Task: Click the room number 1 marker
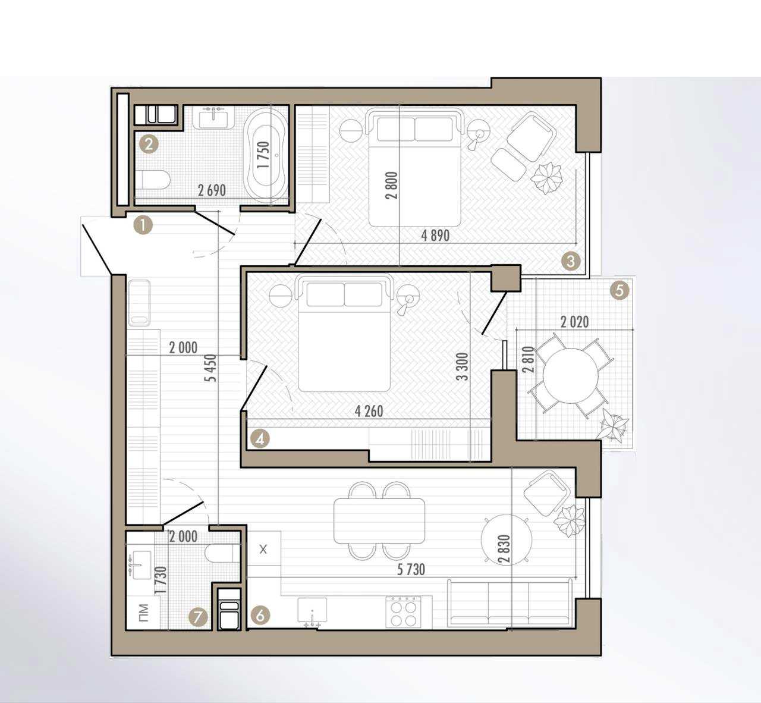pos(143,225)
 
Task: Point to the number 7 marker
pos(198,617)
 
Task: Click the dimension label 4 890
pos(435,236)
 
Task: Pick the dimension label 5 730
pos(411,570)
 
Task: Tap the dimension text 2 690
pos(212,190)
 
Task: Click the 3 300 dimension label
pos(463,366)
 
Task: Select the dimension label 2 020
pos(574,322)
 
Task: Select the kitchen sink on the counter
pos(312,611)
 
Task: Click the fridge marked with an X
pos(263,550)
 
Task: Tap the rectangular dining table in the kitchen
pos(379,521)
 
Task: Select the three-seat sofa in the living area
pos(510,603)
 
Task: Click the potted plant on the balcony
pos(614,426)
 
